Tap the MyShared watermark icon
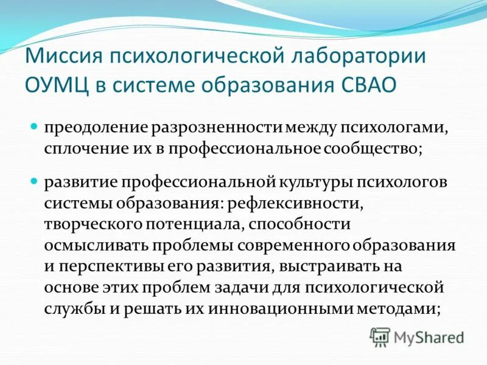pos(380,336)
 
